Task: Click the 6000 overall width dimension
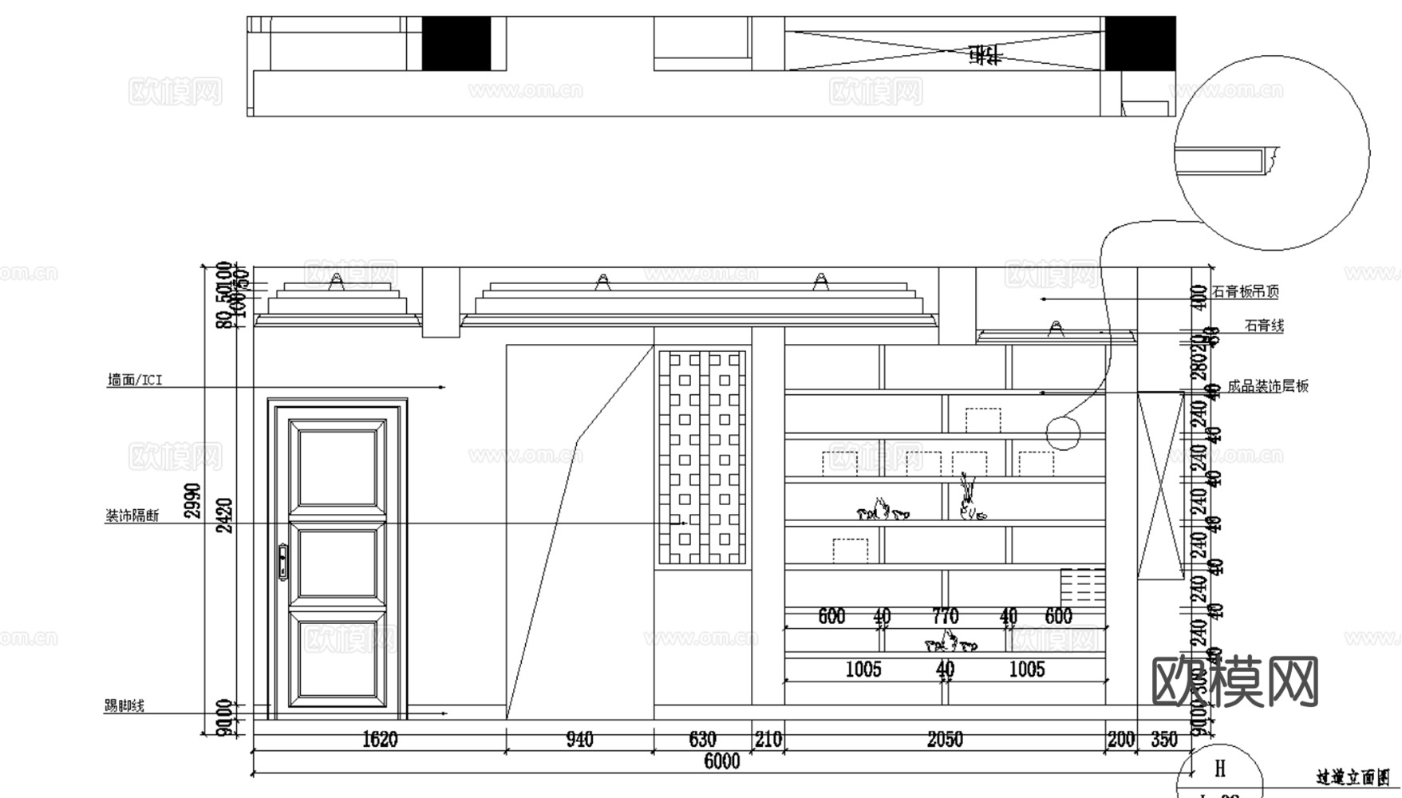tap(721, 761)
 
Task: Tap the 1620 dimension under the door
tap(380, 740)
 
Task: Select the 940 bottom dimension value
tap(579, 740)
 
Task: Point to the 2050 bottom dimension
tap(945, 740)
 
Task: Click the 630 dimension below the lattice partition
tap(702, 740)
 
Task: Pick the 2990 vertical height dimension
tap(194, 500)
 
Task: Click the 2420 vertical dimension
tap(225, 516)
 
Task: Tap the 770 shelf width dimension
tap(946, 616)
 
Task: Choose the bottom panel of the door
tap(336, 662)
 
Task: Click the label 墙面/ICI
tap(135, 381)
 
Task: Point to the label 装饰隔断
tap(132, 516)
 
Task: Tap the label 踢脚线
tap(124, 705)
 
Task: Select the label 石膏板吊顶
tap(1246, 292)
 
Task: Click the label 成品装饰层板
tap(1268, 386)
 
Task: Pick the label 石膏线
tap(1264, 326)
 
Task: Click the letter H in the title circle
tap(1220, 768)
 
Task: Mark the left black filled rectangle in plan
tap(456, 43)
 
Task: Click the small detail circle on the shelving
tap(1063, 433)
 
